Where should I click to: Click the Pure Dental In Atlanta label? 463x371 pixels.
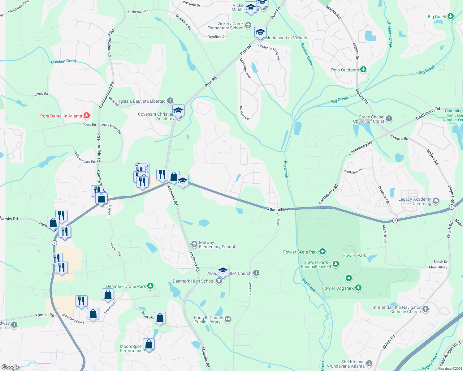61,116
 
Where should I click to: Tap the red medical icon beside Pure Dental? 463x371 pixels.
87,116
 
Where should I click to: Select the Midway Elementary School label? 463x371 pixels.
217,245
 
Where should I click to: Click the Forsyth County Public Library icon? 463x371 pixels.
228,319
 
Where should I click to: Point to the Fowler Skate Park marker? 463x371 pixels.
322,252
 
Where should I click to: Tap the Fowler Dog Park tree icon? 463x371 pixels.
358,288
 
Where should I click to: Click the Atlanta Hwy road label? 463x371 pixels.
278,209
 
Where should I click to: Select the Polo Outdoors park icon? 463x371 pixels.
363,70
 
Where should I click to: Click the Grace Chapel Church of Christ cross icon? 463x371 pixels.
389,118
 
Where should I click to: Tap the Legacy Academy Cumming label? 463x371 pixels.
414,201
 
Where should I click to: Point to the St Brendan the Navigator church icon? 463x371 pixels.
426,309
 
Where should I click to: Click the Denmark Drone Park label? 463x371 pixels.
126,286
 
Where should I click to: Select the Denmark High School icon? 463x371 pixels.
219,281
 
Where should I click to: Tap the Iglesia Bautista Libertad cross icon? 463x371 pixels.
170,101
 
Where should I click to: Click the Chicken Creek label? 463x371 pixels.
63,61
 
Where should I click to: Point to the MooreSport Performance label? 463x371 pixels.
132,348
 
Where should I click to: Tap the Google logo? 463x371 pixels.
10,367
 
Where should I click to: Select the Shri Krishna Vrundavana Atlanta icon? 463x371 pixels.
369,363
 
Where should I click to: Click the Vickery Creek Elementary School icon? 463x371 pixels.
248,25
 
